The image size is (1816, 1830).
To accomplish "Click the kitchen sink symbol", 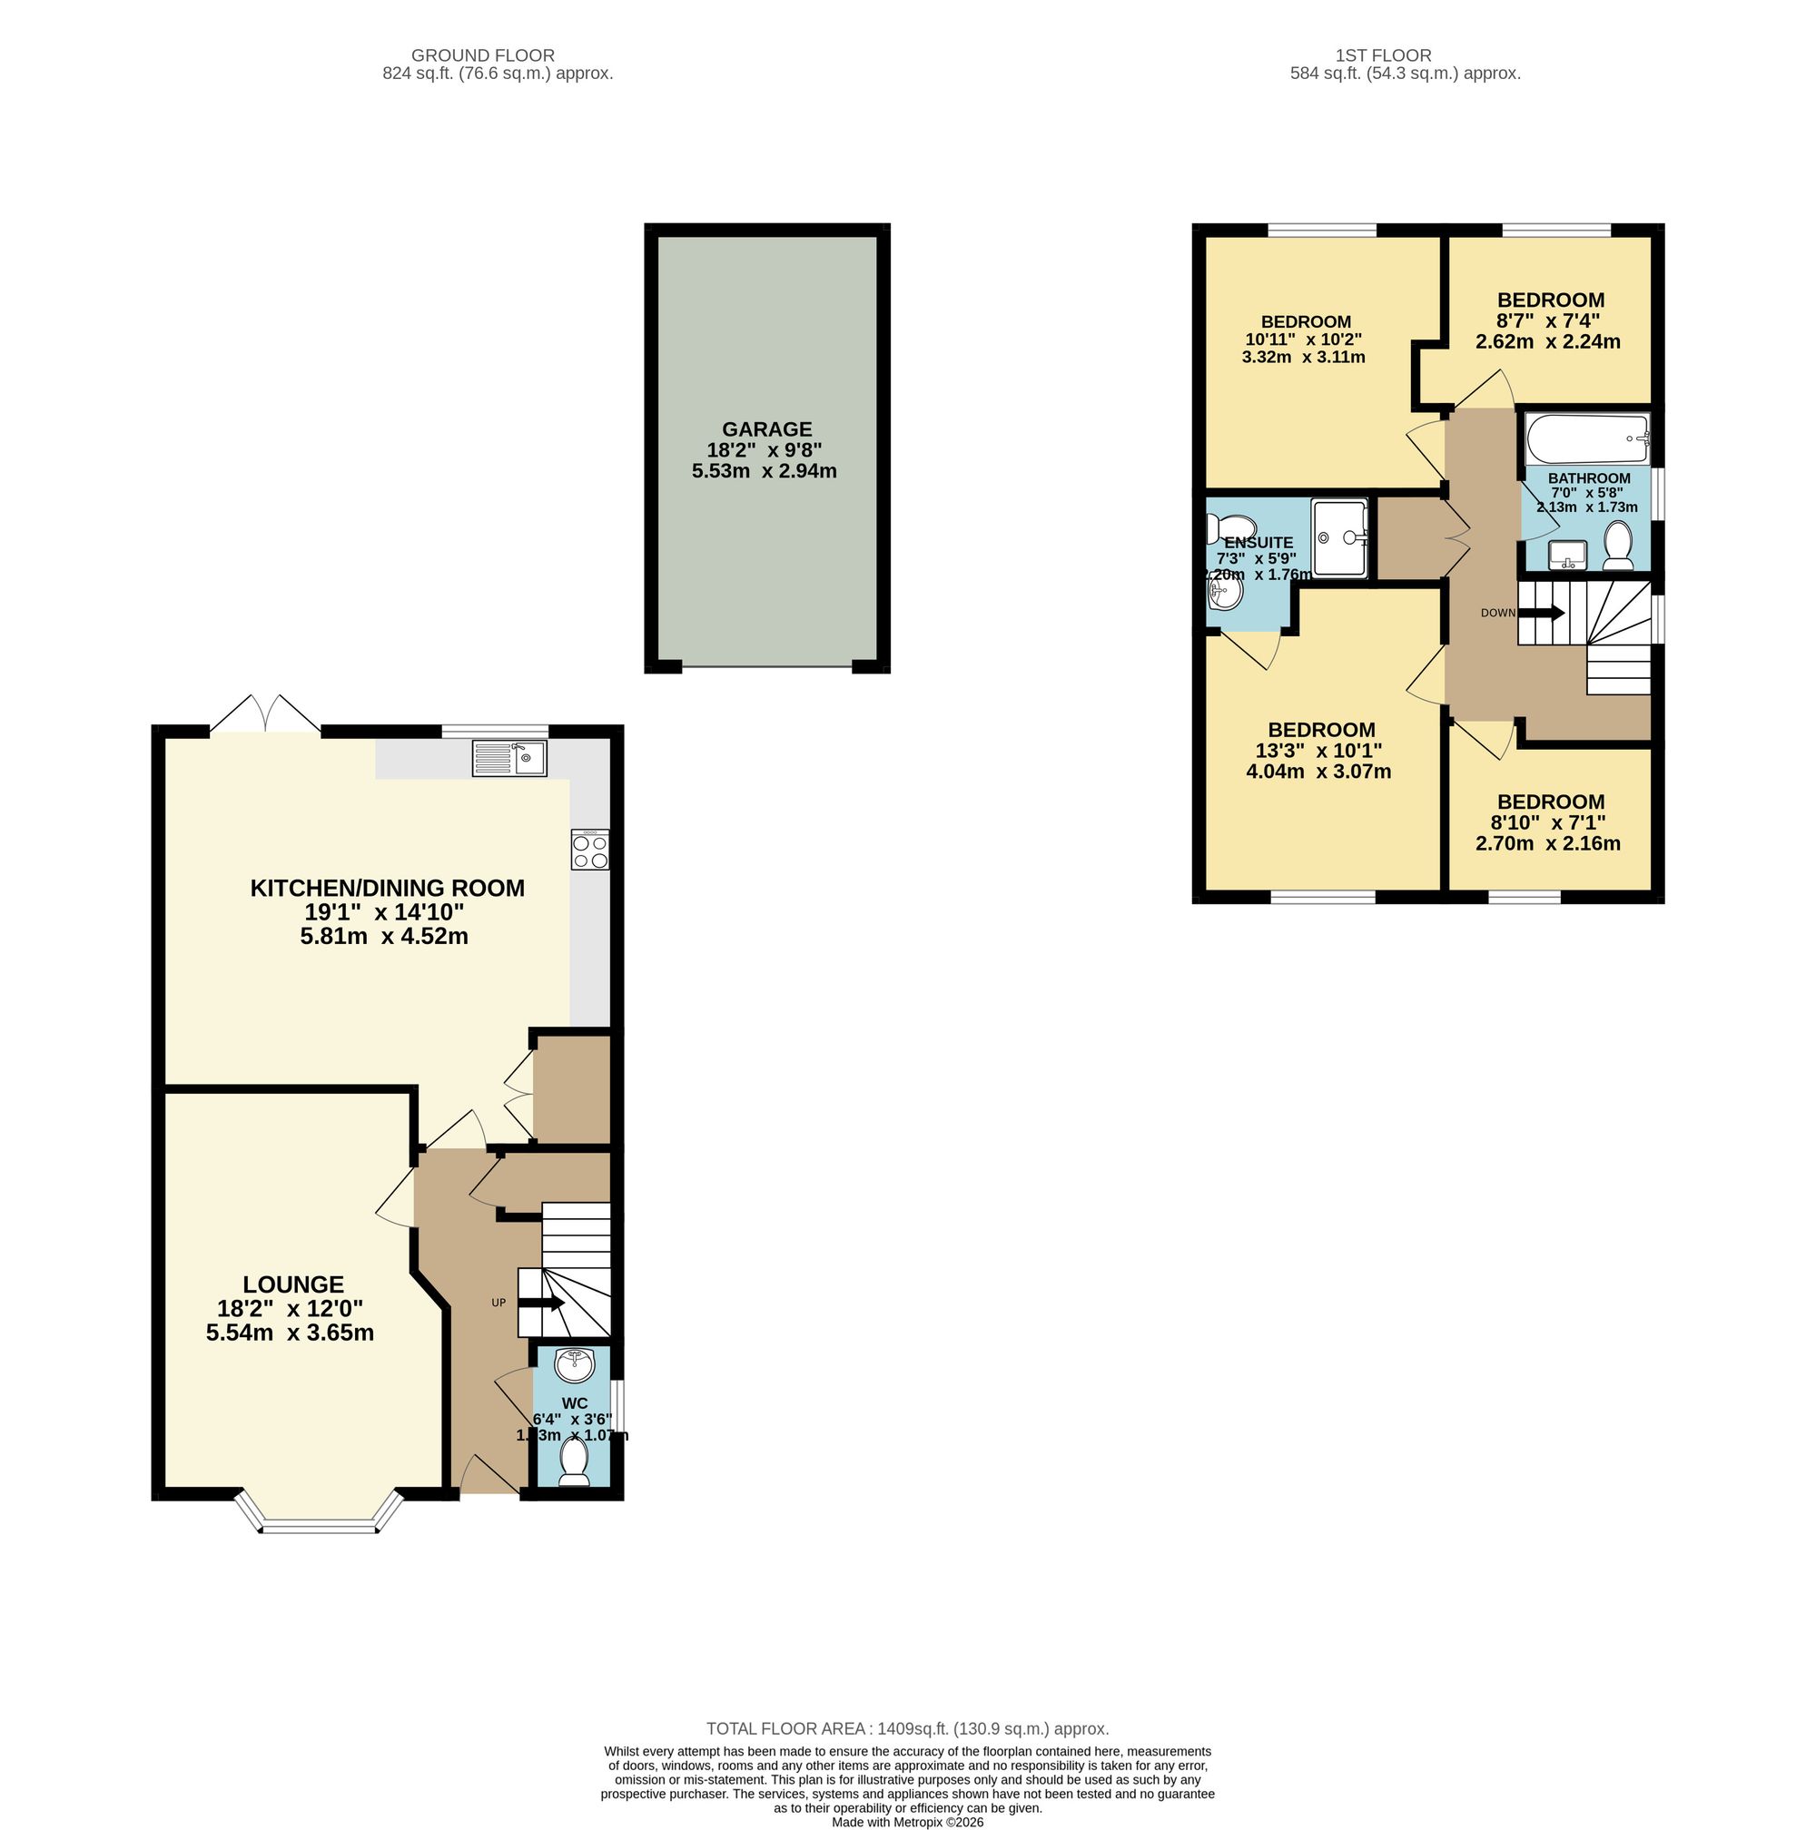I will [509, 758].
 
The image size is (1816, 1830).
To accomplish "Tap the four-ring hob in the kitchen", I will [589, 850].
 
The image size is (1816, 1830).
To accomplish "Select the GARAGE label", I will [766, 429].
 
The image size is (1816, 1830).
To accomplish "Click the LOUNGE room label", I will [292, 1284].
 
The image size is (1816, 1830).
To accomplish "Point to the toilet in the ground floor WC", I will [574, 1461].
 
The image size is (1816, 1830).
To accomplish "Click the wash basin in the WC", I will [574, 1365].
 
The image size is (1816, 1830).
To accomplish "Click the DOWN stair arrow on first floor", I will [1540, 613].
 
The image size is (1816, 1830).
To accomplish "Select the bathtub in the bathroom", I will [1588, 438].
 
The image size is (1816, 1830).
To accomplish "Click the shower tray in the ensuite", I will [1339, 538].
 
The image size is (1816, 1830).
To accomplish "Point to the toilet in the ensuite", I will [1229, 526].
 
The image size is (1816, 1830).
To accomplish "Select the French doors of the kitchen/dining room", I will [265, 714].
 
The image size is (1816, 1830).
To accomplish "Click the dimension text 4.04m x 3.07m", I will [1318, 771].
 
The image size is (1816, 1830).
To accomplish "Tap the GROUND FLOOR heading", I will [482, 56].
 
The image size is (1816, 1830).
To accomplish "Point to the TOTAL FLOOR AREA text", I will [906, 1728].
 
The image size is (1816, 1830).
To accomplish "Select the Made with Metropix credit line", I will [906, 1822].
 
